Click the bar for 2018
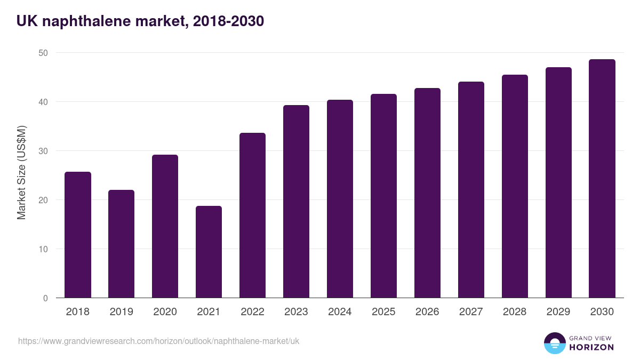(x=78, y=235)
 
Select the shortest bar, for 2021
(x=209, y=252)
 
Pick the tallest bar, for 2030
(x=602, y=179)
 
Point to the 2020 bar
(x=165, y=226)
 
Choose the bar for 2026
(x=427, y=193)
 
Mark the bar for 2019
(x=121, y=244)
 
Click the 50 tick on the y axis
(x=43, y=53)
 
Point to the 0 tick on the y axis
(x=45, y=298)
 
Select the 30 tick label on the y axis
(x=43, y=151)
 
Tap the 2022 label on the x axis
(x=252, y=312)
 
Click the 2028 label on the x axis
(x=515, y=312)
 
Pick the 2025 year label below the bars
(x=383, y=312)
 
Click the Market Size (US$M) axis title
(x=21, y=173)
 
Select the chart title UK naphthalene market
(x=140, y=21)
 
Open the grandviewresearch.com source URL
(x=158, y=341)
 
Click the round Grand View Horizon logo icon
(x=554, y=343)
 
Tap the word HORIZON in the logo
(x=591, y=347)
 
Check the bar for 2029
(x=558, y=182)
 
